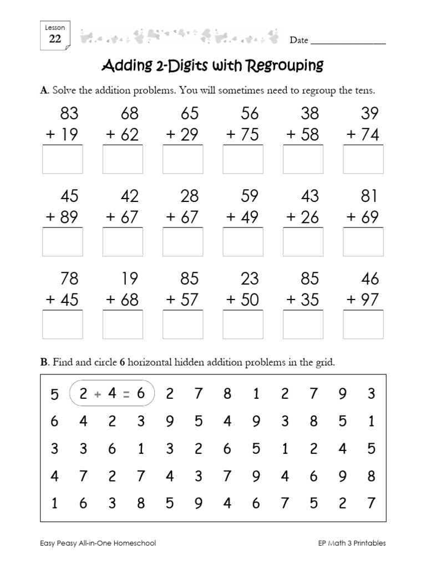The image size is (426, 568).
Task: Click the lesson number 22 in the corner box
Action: point(55,39)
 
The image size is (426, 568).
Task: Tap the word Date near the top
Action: point(298,40)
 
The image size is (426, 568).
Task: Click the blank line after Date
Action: point(348,43)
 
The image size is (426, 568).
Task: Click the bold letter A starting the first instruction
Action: point(44,90)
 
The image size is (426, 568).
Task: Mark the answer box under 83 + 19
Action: point(63,159)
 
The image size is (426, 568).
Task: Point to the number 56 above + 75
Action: point(250,114)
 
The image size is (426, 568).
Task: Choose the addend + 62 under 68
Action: point(123,135)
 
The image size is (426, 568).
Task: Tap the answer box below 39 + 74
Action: point(363,159)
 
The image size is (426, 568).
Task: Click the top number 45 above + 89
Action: point(69,196)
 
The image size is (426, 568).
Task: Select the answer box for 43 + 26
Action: point(303,242)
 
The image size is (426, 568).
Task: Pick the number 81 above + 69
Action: point(369,196)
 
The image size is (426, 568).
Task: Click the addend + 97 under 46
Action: point(363,300)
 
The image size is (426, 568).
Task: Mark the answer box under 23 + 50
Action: point(243,324)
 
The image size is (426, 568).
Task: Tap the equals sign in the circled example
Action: point(126,394)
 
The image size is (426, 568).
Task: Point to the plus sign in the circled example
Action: point(98,394)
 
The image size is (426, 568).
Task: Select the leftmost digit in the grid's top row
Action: point(54,394)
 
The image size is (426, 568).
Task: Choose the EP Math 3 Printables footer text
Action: point(348,544)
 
